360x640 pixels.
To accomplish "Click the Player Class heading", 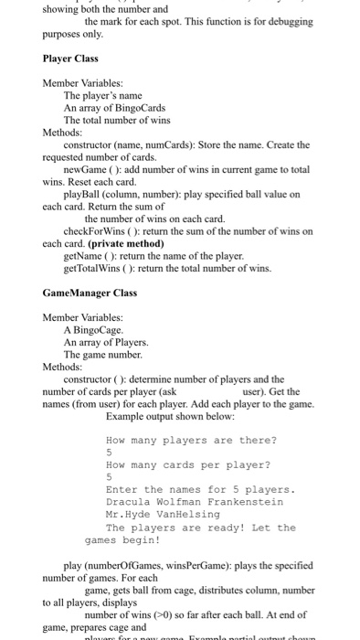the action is tap(70, 59).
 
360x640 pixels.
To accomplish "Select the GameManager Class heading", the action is tap(90, 293).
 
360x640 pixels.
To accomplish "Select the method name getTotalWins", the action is tap(97, 269).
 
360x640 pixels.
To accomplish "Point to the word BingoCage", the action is tap(97, 329).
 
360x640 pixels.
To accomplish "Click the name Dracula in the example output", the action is tap(131, 502).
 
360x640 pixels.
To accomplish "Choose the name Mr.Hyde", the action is tap(131, 515).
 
